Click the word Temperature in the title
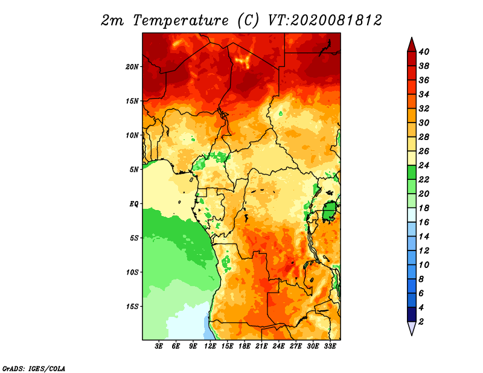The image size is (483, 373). [x=181, y=21]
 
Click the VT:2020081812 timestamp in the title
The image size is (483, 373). [x=325, y=21]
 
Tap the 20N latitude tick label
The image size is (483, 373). [x=132, y=66]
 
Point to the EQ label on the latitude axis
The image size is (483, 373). [x=134, y=203]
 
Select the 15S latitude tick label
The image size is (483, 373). [x=132, y=307]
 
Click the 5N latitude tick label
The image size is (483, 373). [x=134, y=170]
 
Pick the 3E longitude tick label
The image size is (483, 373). [x=159, y=346]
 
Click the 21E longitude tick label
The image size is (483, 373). [x=261, y=346]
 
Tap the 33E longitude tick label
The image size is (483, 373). [x=330, y=346]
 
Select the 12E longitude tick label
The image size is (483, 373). [x=210, y=346]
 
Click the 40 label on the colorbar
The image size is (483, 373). [x=424, y=52]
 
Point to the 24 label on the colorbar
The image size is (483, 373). [x=424, y=165]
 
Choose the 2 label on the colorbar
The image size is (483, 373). [x=421, y=322]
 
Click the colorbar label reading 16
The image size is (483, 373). [x=424, y=222]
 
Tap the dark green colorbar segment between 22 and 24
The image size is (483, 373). [x=412, y=173]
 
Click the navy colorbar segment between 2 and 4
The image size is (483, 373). [x=412, y=314]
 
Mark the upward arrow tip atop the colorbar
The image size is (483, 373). [x=412, y=37]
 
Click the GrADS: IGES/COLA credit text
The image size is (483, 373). [x=34, y=368]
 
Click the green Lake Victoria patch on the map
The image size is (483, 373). [x=330, y=211]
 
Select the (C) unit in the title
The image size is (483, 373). [x=248, y=21]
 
